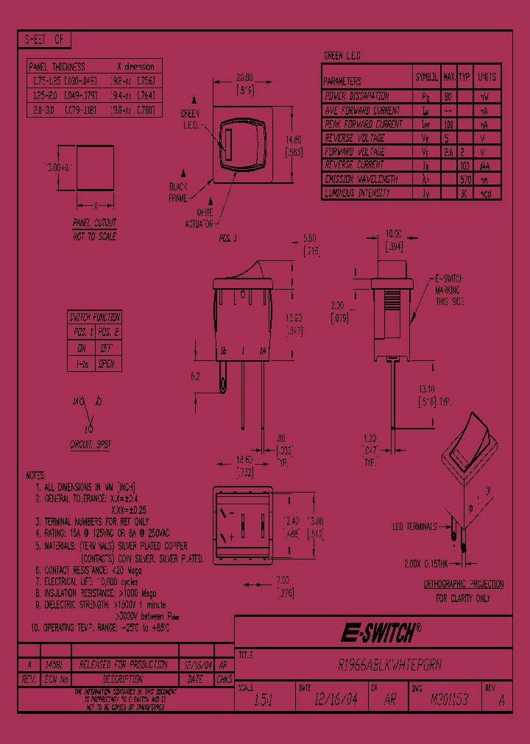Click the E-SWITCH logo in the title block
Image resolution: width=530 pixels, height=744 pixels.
[380, 631]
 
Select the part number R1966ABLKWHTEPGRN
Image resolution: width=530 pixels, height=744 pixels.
[389, 665]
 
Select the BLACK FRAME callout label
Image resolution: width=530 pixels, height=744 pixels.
[179, 193]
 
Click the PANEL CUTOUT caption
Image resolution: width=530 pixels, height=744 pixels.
[94, 222]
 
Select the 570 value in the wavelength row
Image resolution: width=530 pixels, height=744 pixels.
[464, 179]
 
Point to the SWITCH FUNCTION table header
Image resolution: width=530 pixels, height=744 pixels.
[94, 318]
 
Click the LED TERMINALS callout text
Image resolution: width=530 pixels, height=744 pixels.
[414, 526]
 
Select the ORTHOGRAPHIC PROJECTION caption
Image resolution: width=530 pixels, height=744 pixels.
[463, 584]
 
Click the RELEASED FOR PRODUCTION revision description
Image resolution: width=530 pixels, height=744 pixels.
[113, 665]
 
